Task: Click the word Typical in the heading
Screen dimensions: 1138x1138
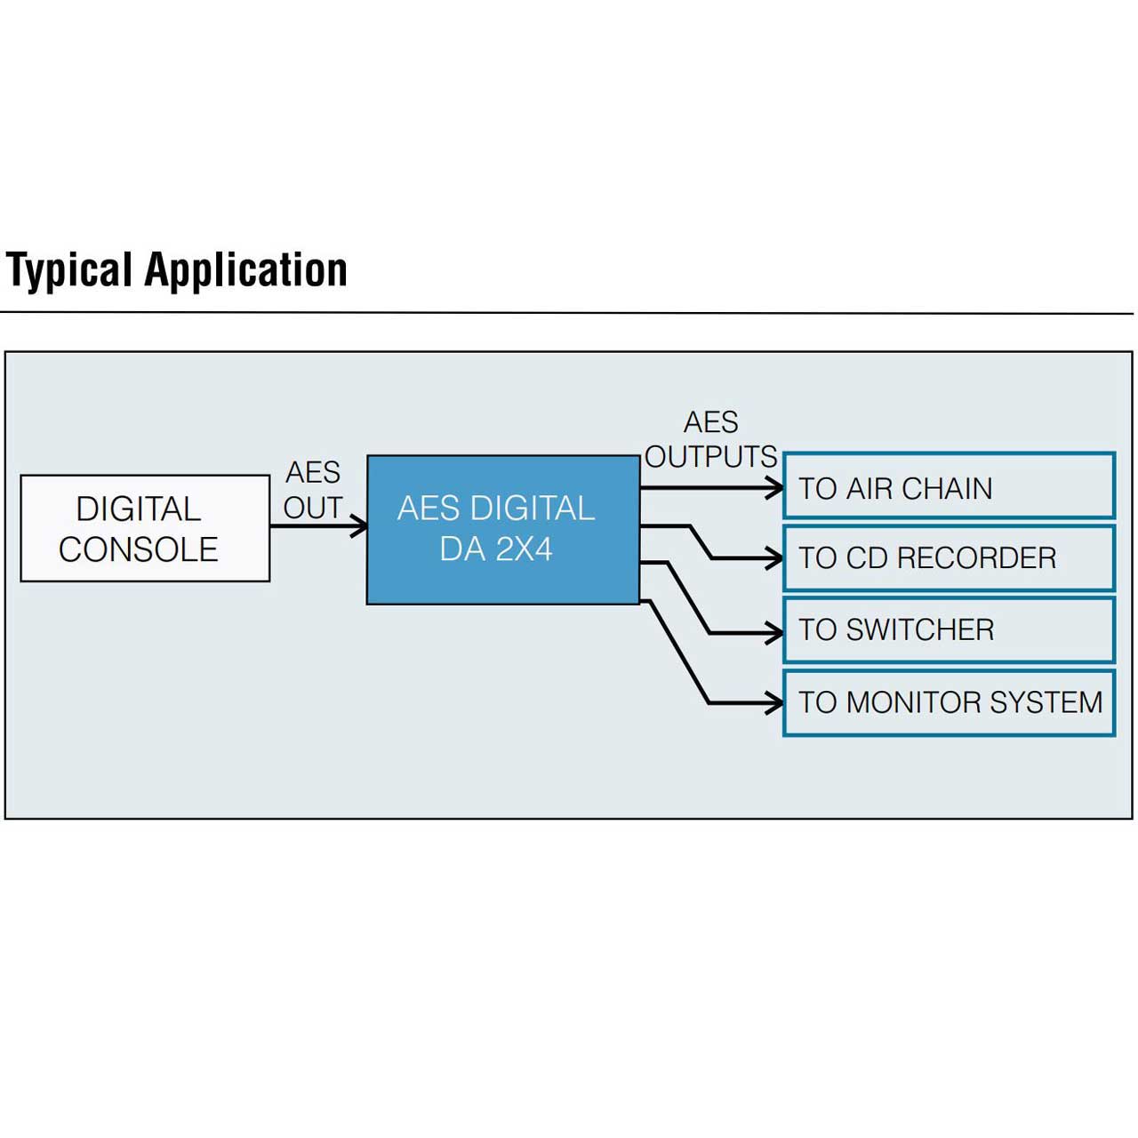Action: pos(68,271)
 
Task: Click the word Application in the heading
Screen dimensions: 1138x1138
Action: pos(245,271)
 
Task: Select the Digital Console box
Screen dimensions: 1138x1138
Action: pos(145,528)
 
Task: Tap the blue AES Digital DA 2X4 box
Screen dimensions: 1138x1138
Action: pos(503,530)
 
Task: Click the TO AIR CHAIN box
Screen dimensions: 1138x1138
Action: pos(949,485)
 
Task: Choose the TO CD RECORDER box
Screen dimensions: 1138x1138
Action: pos(949,557)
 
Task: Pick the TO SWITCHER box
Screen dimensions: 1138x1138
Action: pos(949,629)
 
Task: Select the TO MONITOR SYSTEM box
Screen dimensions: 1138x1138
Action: pos(949,702)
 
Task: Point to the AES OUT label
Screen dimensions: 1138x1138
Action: pos(313,490)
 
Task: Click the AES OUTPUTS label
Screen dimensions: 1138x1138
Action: pos(710,440)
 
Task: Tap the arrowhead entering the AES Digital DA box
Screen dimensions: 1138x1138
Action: pos(359,525)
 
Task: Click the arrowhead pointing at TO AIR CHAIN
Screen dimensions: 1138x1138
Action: pos(774,488)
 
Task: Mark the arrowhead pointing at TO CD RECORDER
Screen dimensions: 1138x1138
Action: pos(774,558)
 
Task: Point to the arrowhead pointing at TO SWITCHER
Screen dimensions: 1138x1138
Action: pos(774,633)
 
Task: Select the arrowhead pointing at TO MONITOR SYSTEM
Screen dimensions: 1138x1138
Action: pos(774,702)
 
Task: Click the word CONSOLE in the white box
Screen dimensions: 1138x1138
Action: pos(138,549)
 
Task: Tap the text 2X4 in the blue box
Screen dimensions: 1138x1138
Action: pos(524,549)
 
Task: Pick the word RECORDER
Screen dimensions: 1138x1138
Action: pos(976,558)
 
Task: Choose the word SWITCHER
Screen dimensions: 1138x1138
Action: pos(920,629)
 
